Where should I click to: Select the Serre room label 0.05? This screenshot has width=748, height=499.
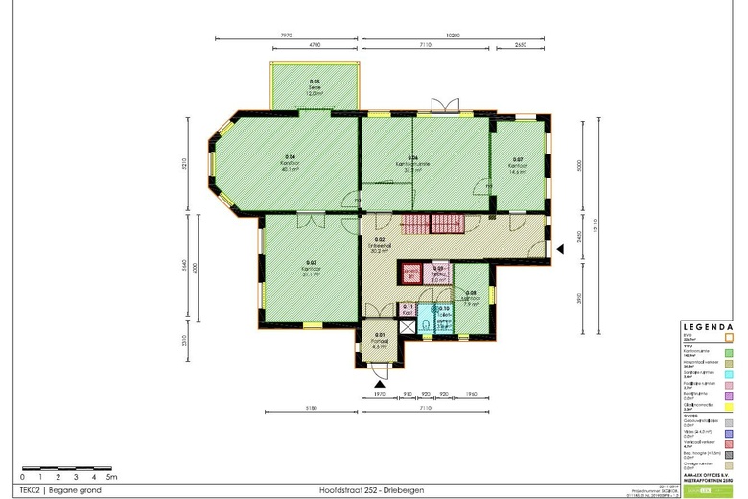315,87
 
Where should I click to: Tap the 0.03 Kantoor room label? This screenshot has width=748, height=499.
311,266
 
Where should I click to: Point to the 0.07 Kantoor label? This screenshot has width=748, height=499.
517,163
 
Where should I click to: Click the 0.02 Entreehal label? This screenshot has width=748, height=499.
379,245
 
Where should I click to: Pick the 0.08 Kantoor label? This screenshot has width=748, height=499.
471,297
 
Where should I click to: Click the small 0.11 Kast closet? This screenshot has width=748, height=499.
408,309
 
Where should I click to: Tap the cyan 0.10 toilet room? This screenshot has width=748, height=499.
444,318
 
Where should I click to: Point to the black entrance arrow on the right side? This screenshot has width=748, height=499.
561,249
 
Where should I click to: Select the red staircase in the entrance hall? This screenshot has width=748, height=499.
432,225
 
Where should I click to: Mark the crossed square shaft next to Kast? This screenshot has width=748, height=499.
408,325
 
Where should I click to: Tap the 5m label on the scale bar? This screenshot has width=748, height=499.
111,476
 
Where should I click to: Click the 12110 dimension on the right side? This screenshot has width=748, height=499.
594,226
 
